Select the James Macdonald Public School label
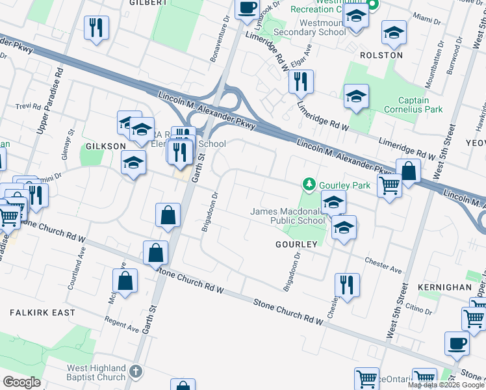[288, 216]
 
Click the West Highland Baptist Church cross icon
[135, 372]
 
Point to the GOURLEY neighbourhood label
[296, 244]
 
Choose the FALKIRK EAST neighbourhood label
[42, 313]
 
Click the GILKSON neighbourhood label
[105, 146]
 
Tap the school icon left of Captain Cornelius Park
[356, 97]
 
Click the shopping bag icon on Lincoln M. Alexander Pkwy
[409, 172]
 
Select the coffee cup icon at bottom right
[456, 343]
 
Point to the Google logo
[22, 382]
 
